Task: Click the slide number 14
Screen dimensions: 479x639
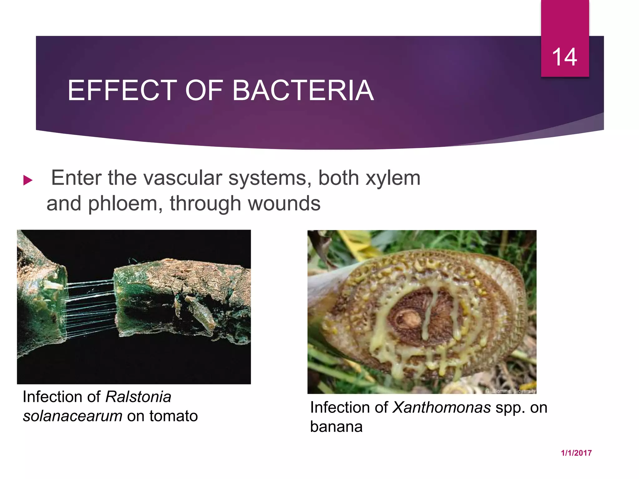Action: tap(564, 57)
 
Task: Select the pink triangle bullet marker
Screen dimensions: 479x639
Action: tap(28, 180)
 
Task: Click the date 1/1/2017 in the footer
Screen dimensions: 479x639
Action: tap(576, 453)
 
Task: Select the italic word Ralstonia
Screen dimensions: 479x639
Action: tap(138, 397)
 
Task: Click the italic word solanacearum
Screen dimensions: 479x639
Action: tap(72, 416)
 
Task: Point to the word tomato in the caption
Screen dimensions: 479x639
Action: tap(173, 416)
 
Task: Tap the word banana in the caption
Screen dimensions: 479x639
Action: tap(336, 427)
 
